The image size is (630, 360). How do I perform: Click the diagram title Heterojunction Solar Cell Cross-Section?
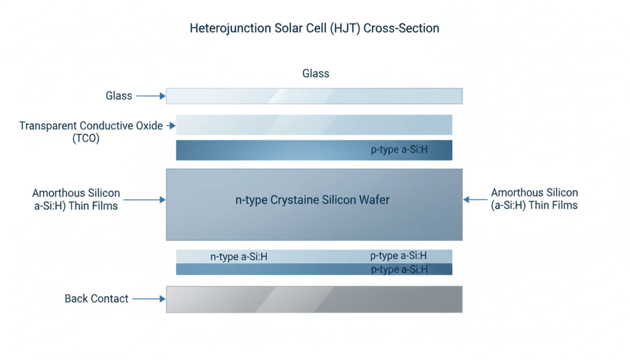click(x=314, y=28)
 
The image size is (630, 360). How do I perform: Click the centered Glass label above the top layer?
click(x=316, y=73)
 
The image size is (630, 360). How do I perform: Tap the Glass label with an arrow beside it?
click(x=119, y=96)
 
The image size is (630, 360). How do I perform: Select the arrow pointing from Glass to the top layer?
click(x=151, y=96)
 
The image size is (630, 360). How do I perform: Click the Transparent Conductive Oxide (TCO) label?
click(x=91, y=131)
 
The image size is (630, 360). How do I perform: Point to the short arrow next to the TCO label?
click(x=171, y=126)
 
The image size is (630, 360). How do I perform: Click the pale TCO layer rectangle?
click(x=314, y=125)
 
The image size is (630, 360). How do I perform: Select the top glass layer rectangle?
click(x=314, y=96)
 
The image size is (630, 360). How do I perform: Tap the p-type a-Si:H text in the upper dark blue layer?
click(x=399, y=150)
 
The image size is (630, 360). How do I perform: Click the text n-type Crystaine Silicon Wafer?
click(x=312, y=200)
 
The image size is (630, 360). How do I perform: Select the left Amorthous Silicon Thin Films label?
click(x=76, y=199)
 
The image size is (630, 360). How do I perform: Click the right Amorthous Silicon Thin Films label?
click(x=534, y=199)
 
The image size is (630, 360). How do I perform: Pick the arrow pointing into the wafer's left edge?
click(x=144, y=200)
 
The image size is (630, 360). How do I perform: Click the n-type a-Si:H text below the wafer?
click(x=239, y=256)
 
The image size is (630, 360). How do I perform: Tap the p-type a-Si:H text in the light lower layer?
click(x=398, y=255)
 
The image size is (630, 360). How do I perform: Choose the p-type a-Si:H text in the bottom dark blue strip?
click(x=399, y=270)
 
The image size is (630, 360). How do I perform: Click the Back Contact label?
click(x=96, y=299)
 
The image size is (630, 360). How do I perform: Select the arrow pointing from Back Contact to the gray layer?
click(x=149, y=299)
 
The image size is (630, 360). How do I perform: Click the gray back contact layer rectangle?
click(x=314, y=299)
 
